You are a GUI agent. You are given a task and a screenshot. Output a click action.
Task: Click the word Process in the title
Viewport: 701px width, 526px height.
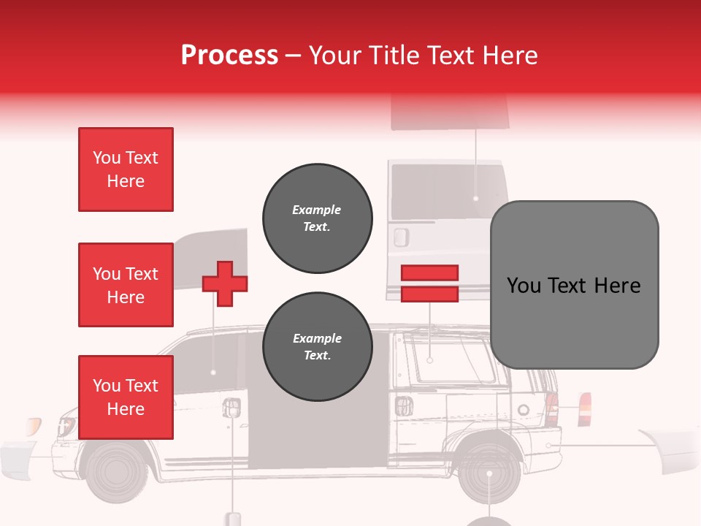[x=229, y=56]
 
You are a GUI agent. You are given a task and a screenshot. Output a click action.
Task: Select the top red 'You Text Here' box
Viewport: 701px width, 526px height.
[x=126, y=169]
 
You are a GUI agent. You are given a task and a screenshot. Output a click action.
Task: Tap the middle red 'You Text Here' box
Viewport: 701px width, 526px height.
[x=126, y=285]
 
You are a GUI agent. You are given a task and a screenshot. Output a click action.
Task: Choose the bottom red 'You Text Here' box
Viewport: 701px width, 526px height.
[x=126, y=397]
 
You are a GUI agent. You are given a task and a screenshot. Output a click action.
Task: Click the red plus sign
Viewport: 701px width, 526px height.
[x=225, y=283]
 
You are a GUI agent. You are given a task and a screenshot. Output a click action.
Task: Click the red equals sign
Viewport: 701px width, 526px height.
[x=429, y=283]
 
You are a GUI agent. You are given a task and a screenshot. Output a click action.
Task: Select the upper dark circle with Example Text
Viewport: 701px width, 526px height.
[x=317, y=218]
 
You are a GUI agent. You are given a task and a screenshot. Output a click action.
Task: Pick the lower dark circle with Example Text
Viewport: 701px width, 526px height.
[x=317, y=347]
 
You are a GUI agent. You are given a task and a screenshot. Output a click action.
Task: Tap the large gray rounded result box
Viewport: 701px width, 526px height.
[x=574, y=285]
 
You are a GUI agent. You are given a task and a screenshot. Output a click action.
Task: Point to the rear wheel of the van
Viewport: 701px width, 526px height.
[x=489, y=474]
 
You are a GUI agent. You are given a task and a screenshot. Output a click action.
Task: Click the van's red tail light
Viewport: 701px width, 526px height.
[x=551, y=410]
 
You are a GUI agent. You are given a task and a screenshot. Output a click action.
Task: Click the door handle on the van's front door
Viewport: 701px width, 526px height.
[x=232, y=407]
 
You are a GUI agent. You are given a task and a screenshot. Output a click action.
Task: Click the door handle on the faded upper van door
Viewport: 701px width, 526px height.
[x=400, y=237]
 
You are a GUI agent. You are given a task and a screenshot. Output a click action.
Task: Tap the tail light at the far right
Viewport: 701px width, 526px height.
[x=584, y=409]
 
